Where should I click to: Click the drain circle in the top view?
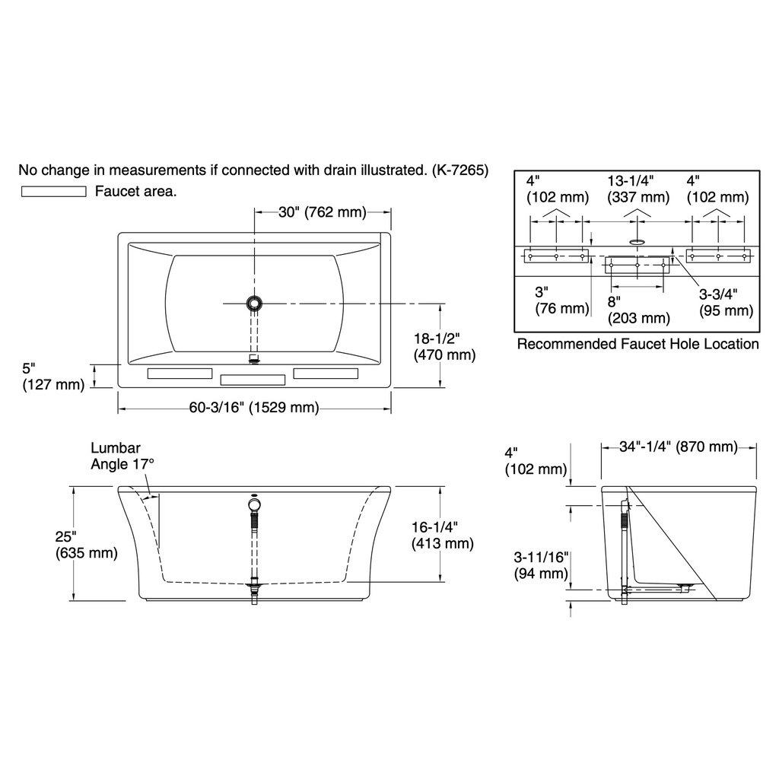(254, 303)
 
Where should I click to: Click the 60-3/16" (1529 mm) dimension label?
(254, 408)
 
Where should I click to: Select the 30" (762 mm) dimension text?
(322, 212)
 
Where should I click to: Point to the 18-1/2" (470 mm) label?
(444, 347)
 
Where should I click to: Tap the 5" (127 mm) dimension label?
(53, 376)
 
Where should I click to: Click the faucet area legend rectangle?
(54, 191)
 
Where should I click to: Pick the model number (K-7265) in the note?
(460, 170)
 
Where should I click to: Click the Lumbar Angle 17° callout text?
(122, 456)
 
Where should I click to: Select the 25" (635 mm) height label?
(87, 545)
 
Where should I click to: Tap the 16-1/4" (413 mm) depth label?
(442, 535)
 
